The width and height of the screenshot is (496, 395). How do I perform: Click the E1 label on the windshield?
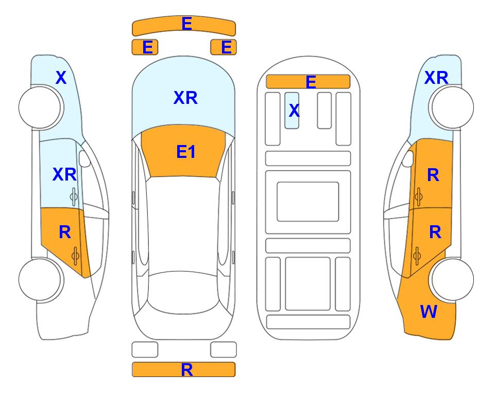tap(186, 152)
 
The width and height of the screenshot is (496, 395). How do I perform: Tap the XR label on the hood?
tap(185, 98)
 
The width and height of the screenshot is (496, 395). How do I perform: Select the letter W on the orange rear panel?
tap(429, 312)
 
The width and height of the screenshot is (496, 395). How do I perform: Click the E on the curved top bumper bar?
tap(186, 24)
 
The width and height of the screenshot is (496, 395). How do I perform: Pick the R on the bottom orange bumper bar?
tap(186, 370)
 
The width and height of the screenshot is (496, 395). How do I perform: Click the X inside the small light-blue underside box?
tap(294, 110)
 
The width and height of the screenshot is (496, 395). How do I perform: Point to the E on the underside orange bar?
tap(311, 82)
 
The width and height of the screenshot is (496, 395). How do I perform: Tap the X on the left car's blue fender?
tap(61, 78)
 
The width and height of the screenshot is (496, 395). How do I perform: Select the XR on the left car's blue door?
tap(64, 174)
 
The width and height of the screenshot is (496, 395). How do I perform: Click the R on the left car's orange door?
tap(65, 232)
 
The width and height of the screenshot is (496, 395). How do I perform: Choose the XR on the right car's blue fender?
tap(436, 78)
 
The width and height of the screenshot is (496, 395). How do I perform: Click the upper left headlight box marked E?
tap(145, 47)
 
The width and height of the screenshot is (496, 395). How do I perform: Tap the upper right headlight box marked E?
tap(224, 47)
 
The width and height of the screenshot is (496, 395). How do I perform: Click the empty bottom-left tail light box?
tap(145, 350)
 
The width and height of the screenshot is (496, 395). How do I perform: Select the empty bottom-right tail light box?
tap(224, 350)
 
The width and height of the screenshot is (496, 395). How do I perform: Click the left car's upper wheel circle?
tap(40, 107)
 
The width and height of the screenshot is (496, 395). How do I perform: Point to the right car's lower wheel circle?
tap(453, 279)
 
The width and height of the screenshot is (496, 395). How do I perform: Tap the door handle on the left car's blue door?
tap(74, 196)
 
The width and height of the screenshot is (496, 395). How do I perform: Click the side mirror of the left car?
tap(84, 158)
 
